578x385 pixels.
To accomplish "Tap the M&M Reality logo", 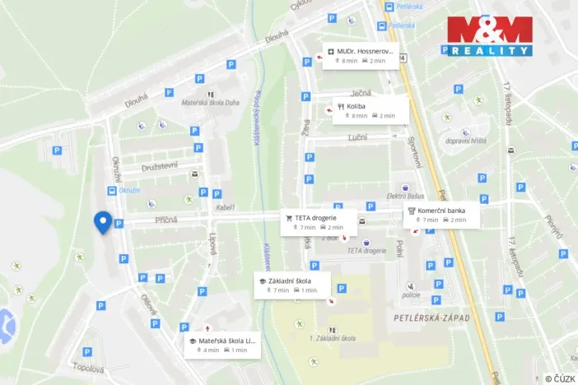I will click(x=490, y=36).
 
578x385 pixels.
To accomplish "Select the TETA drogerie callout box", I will click(x=319, y=222).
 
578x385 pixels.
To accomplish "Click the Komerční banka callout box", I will click(x=442, y=215).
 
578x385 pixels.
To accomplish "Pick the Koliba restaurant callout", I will click(x=371, y=110).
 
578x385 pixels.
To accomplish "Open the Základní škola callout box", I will click(x=292, y=285).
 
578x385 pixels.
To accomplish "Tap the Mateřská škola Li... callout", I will click(x=222, y=345).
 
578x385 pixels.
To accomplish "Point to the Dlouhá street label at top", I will click(x=276, y=38).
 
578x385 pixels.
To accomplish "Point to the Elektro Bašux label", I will click(x=405, y=196).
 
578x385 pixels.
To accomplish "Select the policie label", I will click(x=412, y=295).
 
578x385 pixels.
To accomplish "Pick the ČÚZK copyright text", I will click(x=560, y=378).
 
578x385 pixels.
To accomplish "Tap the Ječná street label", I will click(x=361, y=92).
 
